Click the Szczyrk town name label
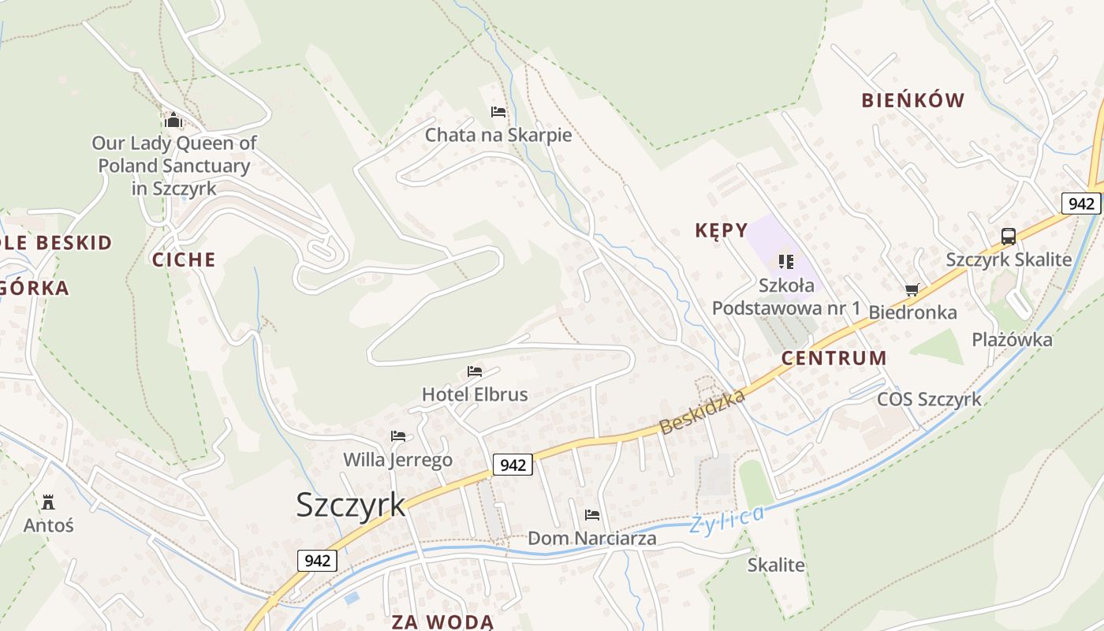351,505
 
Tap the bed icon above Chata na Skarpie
498,112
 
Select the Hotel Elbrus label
475,394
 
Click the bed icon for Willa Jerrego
398,436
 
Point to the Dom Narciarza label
591,539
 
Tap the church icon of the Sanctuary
173,121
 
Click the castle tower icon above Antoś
49,502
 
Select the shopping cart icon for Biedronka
912,290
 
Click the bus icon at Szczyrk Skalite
1009,236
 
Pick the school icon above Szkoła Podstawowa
785,261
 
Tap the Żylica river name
726,520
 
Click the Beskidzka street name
702,412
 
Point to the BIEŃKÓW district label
913,100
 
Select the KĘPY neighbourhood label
721,230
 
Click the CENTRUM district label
834,358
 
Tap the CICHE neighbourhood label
184,259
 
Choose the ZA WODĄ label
442,622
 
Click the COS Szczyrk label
930,399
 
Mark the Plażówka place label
1012,340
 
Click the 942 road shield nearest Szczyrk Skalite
1080,203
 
